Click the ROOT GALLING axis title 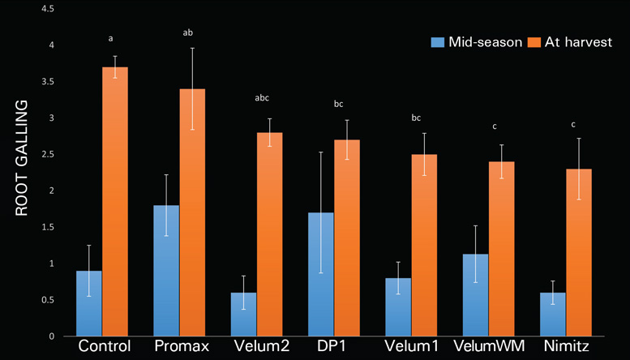point(21,157)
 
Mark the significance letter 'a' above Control point(110,38)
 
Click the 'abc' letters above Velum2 point(261,98)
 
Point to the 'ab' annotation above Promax point(187,33)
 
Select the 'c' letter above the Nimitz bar point(572,124)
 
